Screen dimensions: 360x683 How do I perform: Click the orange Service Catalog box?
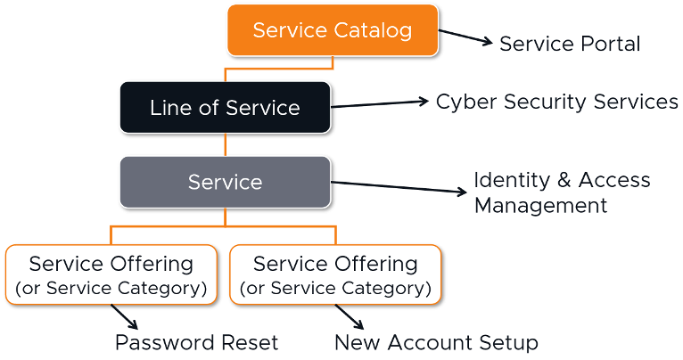pyautogui.click(x=333, y=30)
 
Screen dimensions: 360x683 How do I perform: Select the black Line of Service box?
pyautogui.click(x=225, y=108)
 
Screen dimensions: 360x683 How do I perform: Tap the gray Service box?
pyautogui.click(x=225, y=182)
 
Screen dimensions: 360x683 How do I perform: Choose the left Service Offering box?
pyautogui.click(x=111, y=275)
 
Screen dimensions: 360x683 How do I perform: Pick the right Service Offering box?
pyautogui.click(x=335, y=275)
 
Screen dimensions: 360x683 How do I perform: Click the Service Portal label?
pyautogui.click(x=569, y=44)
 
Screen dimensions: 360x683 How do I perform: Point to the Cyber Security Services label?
pyautogui.click(x=556, y=102)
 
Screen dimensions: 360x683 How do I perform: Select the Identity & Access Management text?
pyautogui.click(x=561, y=192)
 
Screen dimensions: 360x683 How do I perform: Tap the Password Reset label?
pyautogui.click(x=196, y=342)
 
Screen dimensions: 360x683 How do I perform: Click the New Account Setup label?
pyautogui.click(x=436, y=342)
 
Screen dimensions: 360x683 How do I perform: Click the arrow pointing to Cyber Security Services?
pyautogui.click(x=381, y=104)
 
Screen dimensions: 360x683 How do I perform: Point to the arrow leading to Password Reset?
pyautogui.click(x=124, y=318)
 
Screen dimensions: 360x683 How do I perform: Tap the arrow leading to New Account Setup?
pyautogui.click(x=350, y=318)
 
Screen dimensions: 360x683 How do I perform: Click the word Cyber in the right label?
pyautogui.click(x=464, y=102)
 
